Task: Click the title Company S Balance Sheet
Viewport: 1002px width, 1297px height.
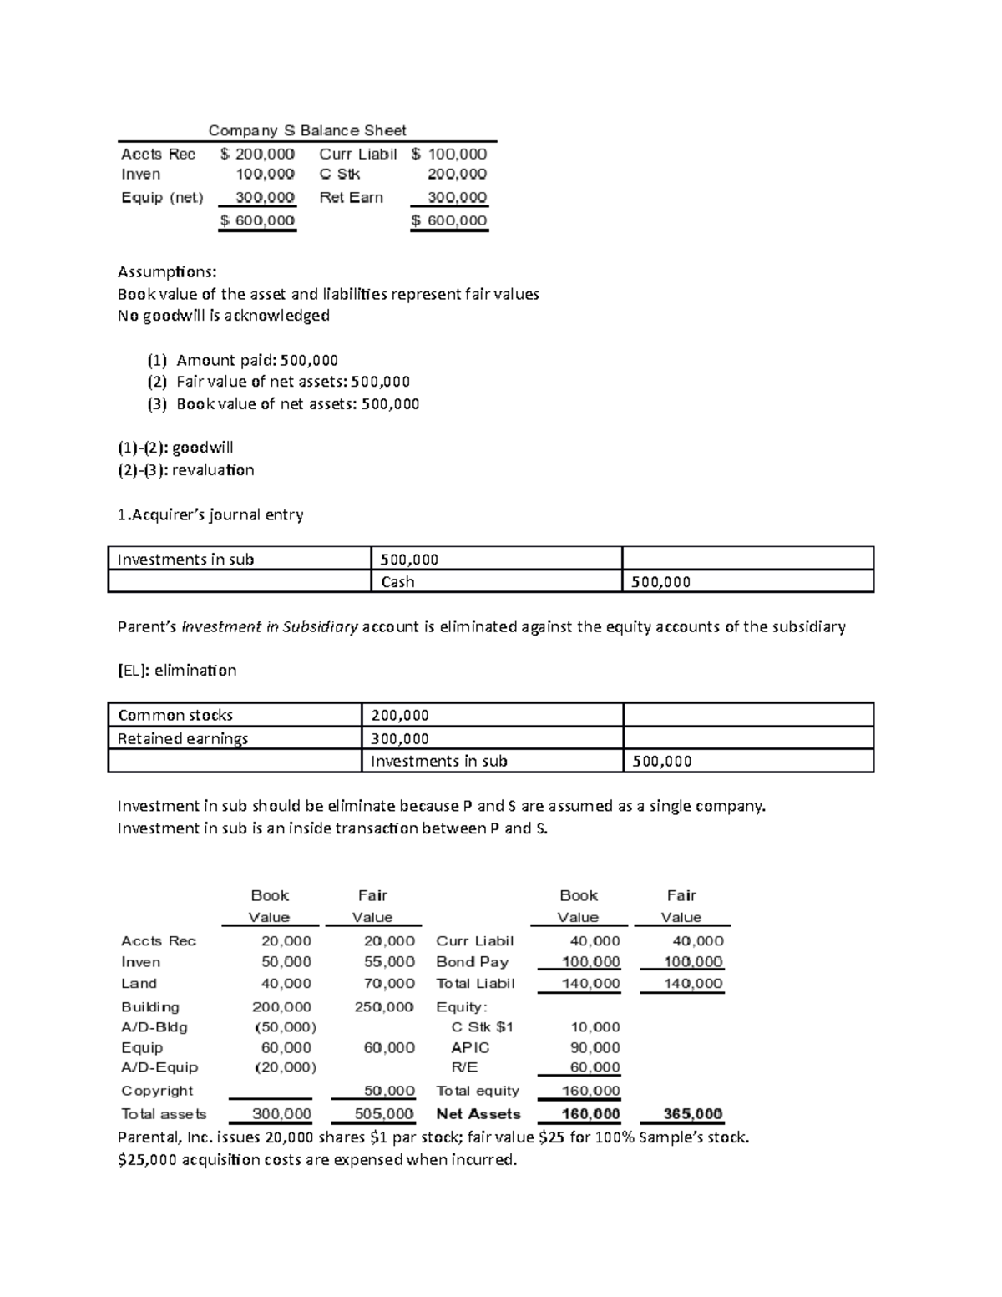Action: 306,130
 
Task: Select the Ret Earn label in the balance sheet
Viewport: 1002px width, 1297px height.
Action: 351,198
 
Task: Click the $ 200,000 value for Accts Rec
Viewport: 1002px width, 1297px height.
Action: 257,154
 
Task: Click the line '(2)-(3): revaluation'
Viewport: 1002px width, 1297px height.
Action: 185,470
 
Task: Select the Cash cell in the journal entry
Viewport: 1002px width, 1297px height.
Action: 397,582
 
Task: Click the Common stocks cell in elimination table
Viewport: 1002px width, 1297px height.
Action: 175,715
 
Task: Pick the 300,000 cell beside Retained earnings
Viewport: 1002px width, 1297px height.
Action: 400,738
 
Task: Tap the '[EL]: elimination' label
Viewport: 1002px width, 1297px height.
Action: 177,671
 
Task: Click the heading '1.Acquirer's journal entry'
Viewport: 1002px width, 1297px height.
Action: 210,515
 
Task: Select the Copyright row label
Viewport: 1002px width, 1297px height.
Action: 157,1091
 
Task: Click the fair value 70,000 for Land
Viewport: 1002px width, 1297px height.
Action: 389,984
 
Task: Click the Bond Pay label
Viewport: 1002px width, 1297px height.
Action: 472,962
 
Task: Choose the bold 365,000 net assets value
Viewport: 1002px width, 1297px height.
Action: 692,1114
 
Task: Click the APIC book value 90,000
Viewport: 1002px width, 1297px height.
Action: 595,1047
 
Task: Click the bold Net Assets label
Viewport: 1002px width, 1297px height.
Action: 478,1114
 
